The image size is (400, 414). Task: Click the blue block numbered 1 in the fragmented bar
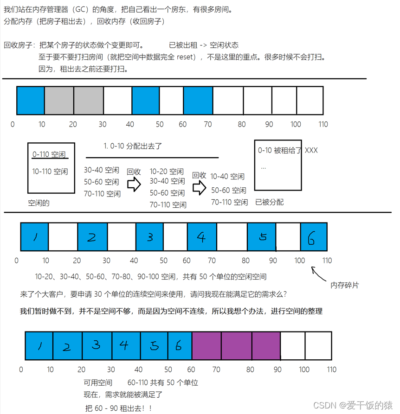point(35,237)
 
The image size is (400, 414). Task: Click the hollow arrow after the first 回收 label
point(134,185)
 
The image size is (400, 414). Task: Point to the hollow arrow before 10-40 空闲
point(200,188)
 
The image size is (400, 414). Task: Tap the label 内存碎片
point(344,285)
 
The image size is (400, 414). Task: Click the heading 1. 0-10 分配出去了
point(133,146)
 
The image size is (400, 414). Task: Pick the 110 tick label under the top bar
point(323,124)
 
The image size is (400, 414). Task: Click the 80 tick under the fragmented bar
point(245,261)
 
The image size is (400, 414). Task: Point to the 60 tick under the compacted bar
point(191,369)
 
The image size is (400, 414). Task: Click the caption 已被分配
point(269,202)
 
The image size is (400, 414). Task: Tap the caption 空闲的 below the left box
point(39,203)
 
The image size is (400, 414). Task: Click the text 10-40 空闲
point(227,177)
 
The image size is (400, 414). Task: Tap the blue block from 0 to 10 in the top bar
point(31,100)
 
